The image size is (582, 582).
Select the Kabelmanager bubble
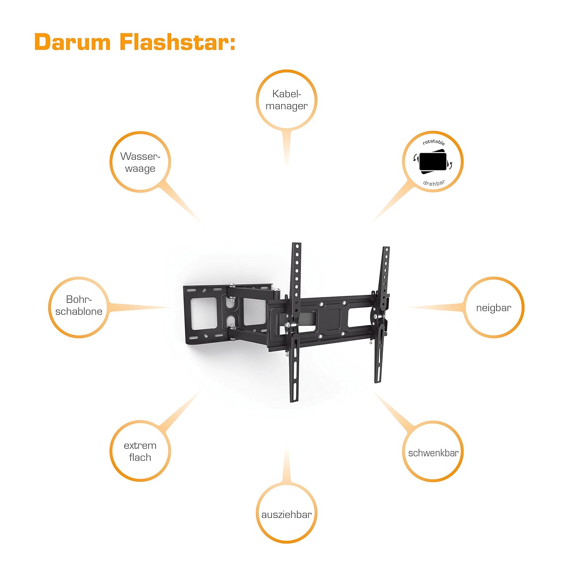[286, 100]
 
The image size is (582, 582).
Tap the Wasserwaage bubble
[140, 162]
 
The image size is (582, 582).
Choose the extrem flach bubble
[140, 451]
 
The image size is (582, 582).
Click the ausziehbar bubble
[286, 515]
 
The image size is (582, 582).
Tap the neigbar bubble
[494, 308]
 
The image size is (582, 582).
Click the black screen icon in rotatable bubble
[433, 162]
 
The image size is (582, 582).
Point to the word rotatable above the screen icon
[434, 142]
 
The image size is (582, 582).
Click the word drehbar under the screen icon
[434, 183]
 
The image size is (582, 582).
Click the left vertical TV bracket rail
[296, 322]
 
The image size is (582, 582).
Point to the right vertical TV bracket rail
[383, 314]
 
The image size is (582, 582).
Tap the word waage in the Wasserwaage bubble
[140, 169]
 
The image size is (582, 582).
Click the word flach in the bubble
[140, 457]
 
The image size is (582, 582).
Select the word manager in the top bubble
[286, 106]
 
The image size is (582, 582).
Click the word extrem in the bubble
[140, 445]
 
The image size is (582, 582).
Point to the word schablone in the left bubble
[79, 312]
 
